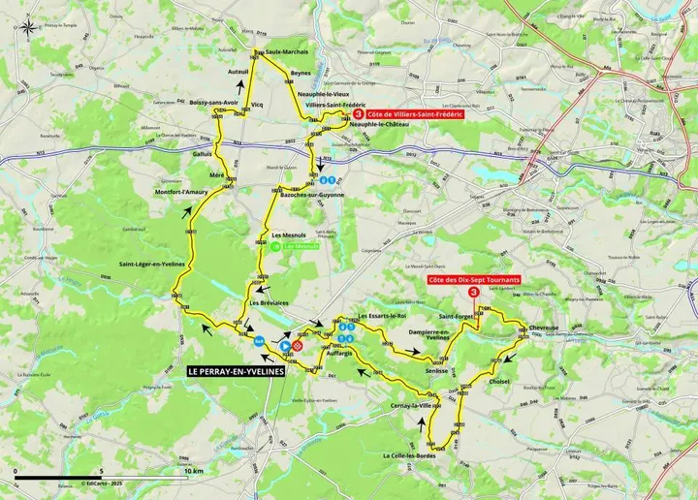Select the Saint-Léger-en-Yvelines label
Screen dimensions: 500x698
152,265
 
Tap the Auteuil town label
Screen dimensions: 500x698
238,72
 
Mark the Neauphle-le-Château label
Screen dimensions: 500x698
376,125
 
